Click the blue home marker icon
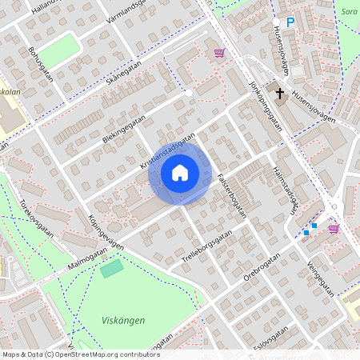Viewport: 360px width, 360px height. (180, 172)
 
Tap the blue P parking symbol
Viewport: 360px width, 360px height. (290, 23)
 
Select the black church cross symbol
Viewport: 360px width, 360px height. (280, 94)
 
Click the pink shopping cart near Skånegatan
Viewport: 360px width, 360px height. (218, 53)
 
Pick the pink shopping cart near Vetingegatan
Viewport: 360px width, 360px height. (333, 228)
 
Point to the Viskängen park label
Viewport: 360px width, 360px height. (123, 320)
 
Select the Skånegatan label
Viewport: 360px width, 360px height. (123, 76)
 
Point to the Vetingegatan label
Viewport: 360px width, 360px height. (318, 276)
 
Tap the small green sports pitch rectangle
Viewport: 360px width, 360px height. (112, 268)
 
